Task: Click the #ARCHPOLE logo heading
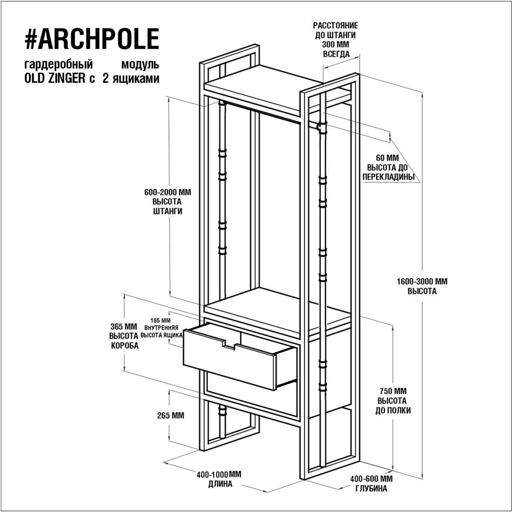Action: pos(92,39)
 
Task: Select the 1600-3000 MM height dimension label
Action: pos(422,281)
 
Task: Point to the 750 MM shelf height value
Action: pos(393,391)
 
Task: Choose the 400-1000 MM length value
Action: pos(219,474)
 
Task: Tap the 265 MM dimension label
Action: pos(171,422)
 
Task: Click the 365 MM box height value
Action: pos(124,326)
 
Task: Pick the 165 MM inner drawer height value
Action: pos(160,320)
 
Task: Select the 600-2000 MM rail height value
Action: pos(168,192)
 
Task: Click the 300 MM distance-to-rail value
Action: pos(335,44)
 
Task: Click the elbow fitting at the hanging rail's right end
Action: pos(322,127)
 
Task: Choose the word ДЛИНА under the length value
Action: pos(220,484)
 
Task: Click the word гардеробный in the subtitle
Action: pos(58,65)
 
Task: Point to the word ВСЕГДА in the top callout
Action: pos(336,54)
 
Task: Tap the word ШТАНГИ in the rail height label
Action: pos(168,211)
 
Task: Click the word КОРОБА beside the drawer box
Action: pos(125,346)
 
